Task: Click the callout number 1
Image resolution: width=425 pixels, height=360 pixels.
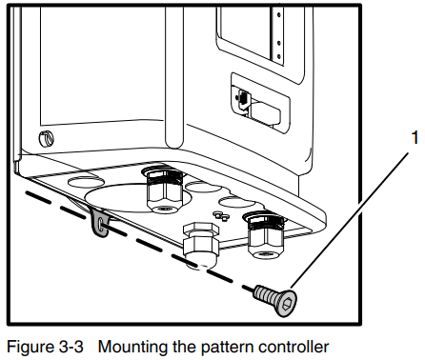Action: pyautogui.click(x=415, y=138)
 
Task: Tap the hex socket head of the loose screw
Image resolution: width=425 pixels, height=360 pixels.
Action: pyautogui.click(x=287, y=304)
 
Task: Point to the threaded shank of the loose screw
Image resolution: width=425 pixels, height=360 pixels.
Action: pyautogui.click(x=264, y=293)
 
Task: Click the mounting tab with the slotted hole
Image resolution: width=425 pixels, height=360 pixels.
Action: pyautogui.click(x=100, y=224)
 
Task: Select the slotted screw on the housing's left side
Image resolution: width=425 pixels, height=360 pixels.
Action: pyautogui.click(x=46, y=139)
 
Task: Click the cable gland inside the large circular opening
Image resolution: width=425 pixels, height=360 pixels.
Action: pyautogui.click(x=164, y=191)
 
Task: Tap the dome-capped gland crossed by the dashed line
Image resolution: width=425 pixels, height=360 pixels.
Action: pyautogui.click(x=201, y=246)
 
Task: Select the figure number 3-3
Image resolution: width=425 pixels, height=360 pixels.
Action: pyautogui.click(x=71, y=347)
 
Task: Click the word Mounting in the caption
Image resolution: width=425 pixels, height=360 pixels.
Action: pyautogui.click(x=133, y=347)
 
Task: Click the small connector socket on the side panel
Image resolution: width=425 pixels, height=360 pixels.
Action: pyautogui.click(x=242, y=97)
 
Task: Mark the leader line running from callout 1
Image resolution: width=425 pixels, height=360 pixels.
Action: pyautogui.click(x=350, y=221)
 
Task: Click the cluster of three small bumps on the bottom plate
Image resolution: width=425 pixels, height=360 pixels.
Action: pyautogui.click(x=221, y=215)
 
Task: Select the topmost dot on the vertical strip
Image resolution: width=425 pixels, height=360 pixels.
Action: pyautogui.click(x=278, y=14)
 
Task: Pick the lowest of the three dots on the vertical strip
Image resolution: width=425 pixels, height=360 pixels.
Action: pyautogui.click(x=279, y=57)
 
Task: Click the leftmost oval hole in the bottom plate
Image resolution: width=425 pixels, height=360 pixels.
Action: pyautogui.click(x=86, y=182)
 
